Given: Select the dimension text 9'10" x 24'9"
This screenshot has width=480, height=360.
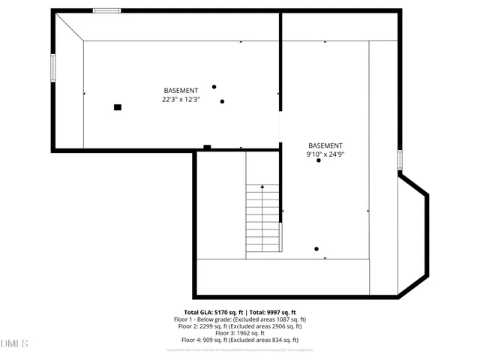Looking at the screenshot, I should coord(325,154).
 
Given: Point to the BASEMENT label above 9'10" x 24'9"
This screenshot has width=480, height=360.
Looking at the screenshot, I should coord(325,145).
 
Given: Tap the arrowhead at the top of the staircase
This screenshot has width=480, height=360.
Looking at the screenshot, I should coord(263,187).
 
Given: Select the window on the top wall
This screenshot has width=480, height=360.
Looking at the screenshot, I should coord(106,10).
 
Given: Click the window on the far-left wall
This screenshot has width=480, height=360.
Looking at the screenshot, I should coord(52,67).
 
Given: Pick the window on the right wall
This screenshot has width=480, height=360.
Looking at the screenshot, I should coord(400,160).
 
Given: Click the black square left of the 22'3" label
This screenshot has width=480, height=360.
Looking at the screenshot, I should coord(118,107).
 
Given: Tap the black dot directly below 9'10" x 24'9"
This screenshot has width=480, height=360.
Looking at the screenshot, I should coord(319,160).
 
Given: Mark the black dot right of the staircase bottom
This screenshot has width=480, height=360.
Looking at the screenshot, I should coord(316,249).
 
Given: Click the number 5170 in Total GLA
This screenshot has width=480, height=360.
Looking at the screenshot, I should coord(223,312).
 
